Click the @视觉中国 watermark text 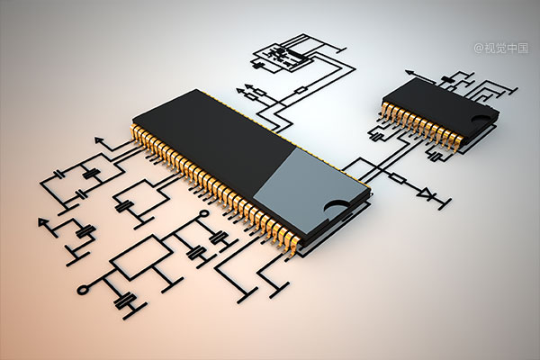click(x=500, y=48)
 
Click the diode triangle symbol click(x=427, y=193)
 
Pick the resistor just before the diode click(x=398, y=178)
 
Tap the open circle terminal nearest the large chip click(x=204, y=214)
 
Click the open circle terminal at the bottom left click(x=83, y=290)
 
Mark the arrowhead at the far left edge click(x=42, y=222)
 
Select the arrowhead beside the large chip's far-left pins click(x=99, y=139)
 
